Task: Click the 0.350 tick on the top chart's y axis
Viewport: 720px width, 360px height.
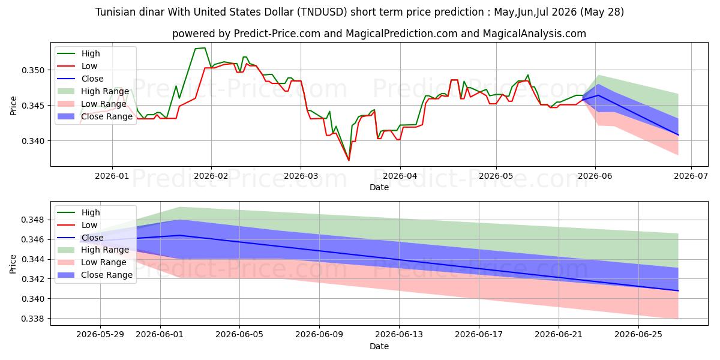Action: point(33,70)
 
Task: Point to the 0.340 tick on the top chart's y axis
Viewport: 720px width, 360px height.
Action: point(33,141)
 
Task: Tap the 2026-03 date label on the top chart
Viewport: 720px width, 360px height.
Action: point(301,176)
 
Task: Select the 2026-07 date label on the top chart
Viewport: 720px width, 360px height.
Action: point(691,176)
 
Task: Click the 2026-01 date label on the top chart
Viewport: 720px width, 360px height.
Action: point(112,176)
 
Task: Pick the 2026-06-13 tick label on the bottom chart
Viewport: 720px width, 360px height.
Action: point(399,335)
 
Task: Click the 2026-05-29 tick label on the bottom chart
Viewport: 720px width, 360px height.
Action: point(100,335)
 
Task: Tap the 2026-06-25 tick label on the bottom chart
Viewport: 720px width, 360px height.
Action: point(638,335)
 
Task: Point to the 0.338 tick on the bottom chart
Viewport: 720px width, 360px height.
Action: point(33,319)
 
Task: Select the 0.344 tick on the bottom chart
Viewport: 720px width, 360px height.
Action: point(33,259)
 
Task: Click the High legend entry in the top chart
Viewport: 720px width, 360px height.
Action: point(79,53)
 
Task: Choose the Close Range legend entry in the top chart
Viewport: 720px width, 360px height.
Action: point(95,116)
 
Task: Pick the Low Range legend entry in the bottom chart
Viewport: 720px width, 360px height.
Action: point(92,262)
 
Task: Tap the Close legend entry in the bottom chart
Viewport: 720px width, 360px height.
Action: point(80,238)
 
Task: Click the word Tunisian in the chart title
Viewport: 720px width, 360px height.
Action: point(115,12)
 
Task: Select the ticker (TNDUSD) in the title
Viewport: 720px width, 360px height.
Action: point(322,12)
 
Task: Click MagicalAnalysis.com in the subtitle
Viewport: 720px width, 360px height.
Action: point(534,34)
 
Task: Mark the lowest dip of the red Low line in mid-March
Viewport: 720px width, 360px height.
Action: point(349,160)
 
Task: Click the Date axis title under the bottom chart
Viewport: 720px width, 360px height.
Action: point(379,347)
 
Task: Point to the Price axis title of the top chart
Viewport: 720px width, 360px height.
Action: point(13,106)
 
